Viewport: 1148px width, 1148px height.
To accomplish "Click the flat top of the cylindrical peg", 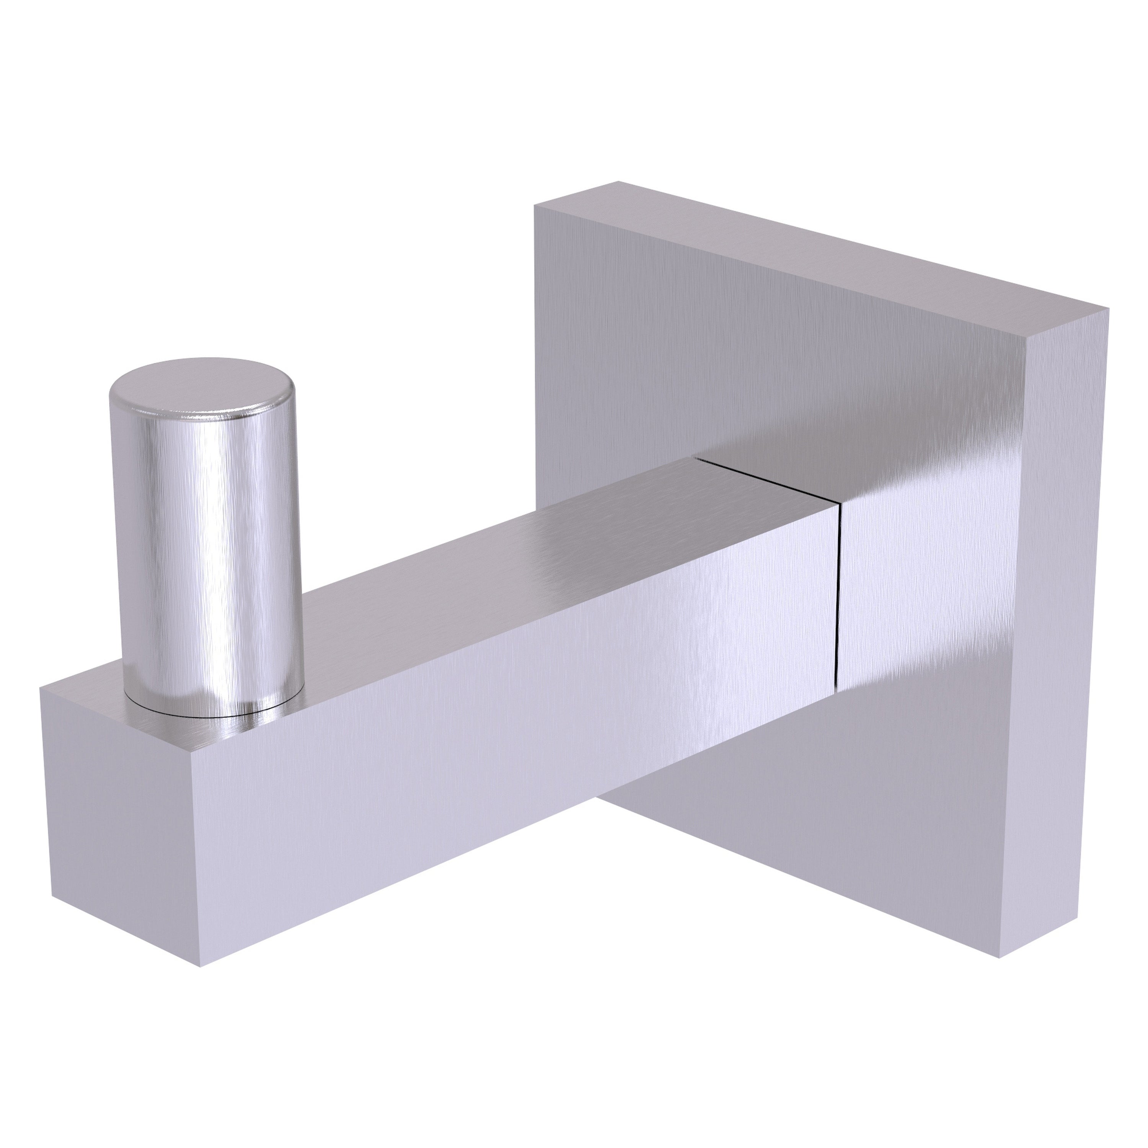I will click(x=202, y=383).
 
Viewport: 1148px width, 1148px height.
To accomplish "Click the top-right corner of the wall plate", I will click(x=1108, y=308).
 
